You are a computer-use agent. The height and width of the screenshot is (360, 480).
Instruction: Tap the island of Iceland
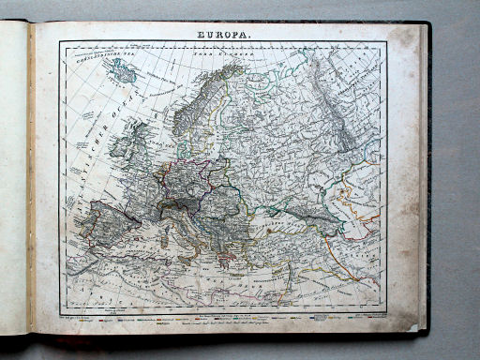[x=123, y=69]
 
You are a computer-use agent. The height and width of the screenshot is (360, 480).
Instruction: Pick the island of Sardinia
[x=159, y=231]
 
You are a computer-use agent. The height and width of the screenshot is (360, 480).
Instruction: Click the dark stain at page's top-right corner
[x=406, y=42]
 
